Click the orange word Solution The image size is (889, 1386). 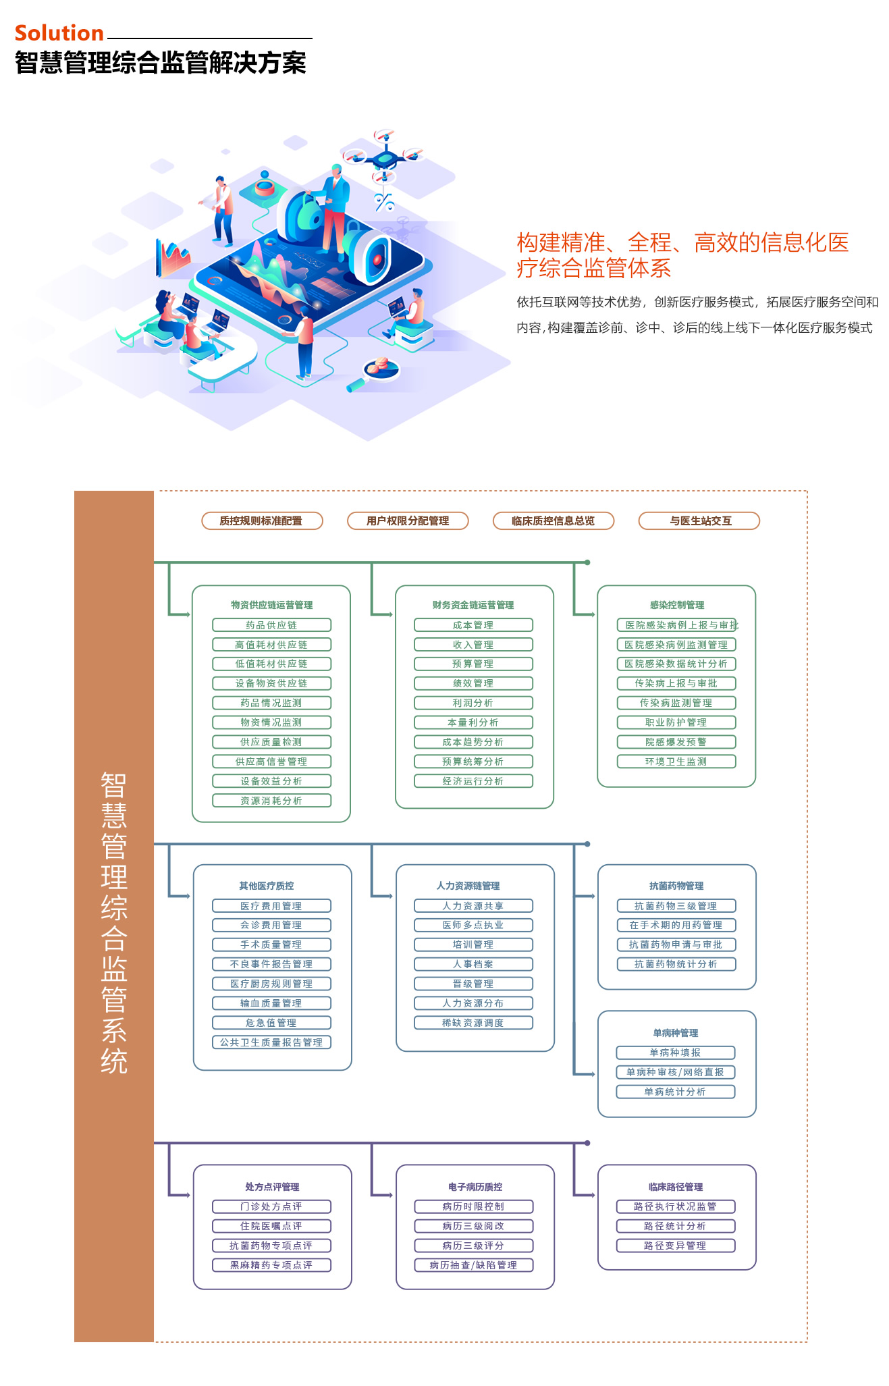point(59,33)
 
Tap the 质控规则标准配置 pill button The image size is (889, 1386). point(262,521)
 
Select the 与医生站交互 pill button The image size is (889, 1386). point(699,521)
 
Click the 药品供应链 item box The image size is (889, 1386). point(271,625)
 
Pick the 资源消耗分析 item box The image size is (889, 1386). point(271,801)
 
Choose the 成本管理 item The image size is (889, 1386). point(473,625)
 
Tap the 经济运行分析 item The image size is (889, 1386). point(473,781)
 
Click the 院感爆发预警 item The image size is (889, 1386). point(676,742)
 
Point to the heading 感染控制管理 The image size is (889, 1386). point(676,605)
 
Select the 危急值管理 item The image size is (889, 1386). point(271,1023)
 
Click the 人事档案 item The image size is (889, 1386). point(473,964)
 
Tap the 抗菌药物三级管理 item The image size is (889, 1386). point(676,906)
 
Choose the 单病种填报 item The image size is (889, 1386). point(676,1052)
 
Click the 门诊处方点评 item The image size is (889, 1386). point(271,1206)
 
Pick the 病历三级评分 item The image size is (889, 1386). point(473,1246)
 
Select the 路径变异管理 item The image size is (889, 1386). point(676,1246)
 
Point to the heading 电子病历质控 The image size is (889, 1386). point(475,1186)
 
